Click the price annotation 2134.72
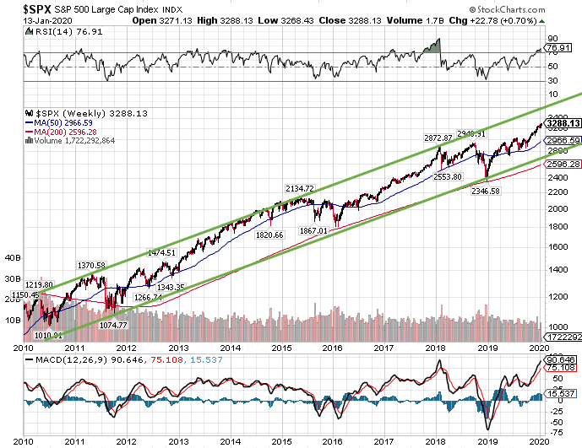(299, 188)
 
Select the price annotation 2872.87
(438, 137)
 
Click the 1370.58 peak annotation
(90, 266)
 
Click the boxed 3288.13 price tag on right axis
(561, 123)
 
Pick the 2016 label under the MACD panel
(333, 440)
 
